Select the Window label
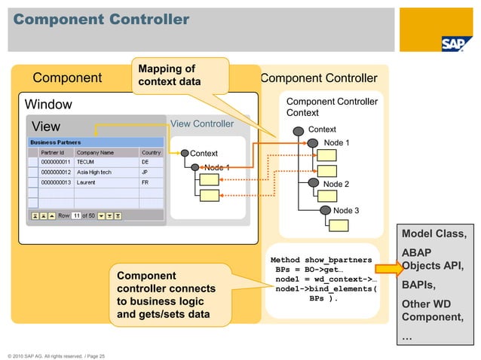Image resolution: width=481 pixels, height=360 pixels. (x=49, y=103)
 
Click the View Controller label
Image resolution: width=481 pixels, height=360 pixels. (x=202, y=124)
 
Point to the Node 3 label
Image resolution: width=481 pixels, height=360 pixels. (x=346, y=210)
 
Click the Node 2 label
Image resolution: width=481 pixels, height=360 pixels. (x=336, y=184)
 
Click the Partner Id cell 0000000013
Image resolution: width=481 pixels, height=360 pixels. (x=56, y=182)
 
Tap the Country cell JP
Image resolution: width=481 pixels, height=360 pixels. (x=146, y=172)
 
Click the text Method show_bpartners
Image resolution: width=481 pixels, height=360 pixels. (x=321, y=260)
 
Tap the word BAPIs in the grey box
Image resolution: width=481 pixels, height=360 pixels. (x=418, y=285)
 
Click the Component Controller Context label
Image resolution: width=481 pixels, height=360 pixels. (x=326, y=106)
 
